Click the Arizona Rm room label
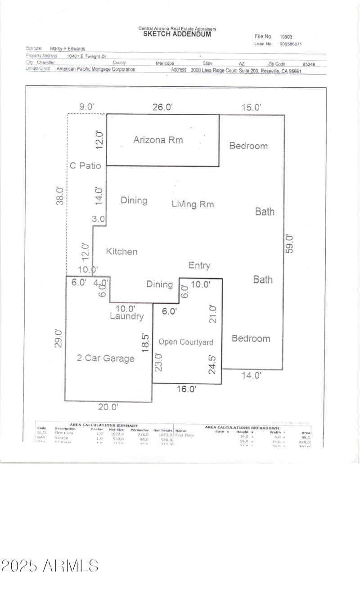click(158, 140)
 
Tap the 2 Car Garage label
click(105, 359)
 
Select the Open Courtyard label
click(186, 342)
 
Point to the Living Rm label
click(193, 204)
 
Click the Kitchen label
click(121, 252)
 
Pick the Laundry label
click(127, 317)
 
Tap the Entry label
click(199, 265)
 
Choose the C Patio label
click(85, 166)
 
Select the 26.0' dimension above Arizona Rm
click(162, 107)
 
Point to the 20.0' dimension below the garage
click(108, 407)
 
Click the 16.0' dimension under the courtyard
click(186, 390)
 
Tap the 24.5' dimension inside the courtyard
click(213, 364)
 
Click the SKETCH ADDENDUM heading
click(177, 34)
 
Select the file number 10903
click(286, 37)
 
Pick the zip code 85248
click(309, 64)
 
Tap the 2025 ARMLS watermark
click(49, 566)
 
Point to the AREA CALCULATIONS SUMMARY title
click(103, 425)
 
